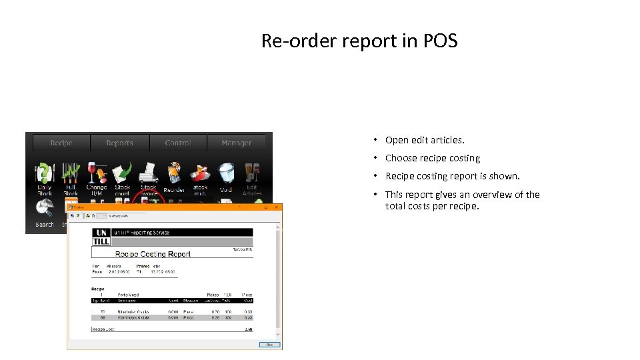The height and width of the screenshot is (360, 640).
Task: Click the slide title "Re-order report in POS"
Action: (x=359, y=41)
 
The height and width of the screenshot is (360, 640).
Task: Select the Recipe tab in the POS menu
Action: (x=61, y=143)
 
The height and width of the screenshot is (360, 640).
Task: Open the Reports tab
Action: (x=120, y=143)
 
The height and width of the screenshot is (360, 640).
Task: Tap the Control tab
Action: (x=177, y=143)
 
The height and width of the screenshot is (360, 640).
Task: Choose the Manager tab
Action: (x=237, y=143)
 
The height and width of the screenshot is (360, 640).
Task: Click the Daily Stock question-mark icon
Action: (x=45, y=173)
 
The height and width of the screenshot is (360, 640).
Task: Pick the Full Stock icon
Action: (x=71, y=173)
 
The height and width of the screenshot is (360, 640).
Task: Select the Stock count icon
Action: (x=123, y=173)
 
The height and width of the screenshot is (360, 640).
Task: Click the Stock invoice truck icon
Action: (x=149, y=173)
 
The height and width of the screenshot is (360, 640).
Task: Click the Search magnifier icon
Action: (x=45, y=209)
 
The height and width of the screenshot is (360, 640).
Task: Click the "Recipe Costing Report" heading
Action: (x=153, y=254)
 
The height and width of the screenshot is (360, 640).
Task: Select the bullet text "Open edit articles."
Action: (x=425, y=140)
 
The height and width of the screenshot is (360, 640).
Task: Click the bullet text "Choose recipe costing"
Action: (x=433, y=158)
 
